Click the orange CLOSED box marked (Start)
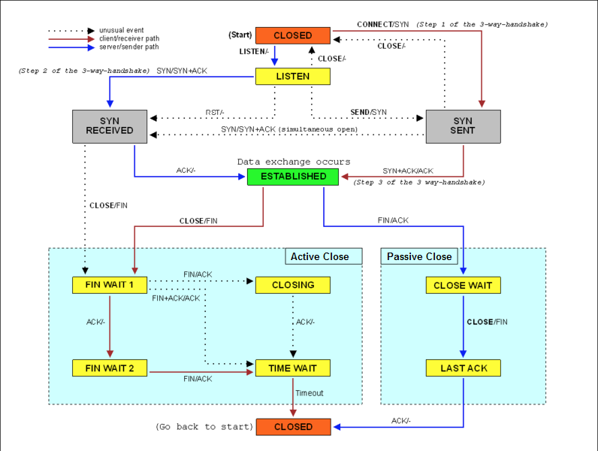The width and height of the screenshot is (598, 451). click(293, 35)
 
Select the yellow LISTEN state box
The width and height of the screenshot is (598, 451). click(293, 76)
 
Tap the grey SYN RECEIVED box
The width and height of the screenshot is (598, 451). click(110, 126)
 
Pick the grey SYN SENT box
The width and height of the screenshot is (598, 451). click(463, 126)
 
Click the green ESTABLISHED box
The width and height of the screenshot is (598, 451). click(294, 177)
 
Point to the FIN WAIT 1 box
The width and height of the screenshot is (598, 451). click(110, 285)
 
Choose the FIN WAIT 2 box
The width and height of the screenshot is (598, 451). click(110, 368)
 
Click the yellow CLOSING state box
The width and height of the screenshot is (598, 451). click(293, 285)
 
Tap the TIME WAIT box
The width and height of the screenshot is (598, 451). click(293, 368)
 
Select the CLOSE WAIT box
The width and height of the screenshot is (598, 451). click(463, 285)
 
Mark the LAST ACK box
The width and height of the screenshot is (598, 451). click(463, 368)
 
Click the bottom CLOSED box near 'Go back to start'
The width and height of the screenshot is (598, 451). click(294, 427)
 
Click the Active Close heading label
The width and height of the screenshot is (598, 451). click(320, 257)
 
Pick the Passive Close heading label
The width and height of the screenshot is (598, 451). click(419, 257)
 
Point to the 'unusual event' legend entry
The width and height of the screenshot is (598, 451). click(119, 30)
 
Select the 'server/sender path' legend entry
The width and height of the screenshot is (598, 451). click(128, 47)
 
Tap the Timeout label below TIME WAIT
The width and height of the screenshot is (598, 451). click(310, 393)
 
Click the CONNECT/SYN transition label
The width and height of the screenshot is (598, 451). click(383, 25)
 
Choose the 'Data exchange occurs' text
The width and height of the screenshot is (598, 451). click(294, 162)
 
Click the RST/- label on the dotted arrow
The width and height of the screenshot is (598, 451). click(215, 113)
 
